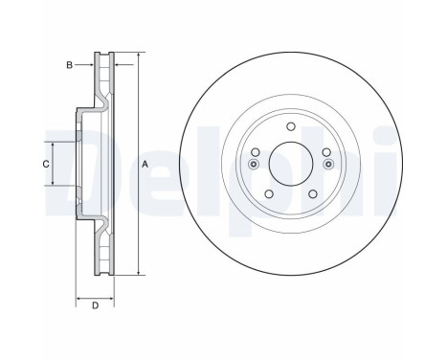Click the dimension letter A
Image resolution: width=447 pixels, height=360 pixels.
click(145, 164)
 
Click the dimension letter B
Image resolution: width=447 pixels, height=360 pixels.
click(68, 65)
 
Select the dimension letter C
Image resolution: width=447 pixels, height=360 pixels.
click(45, 164)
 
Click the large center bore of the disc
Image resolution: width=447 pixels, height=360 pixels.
click(290, 164)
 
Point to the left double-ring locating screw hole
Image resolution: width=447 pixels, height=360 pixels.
click(253, 164)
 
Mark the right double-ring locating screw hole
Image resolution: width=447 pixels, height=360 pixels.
click(328, 164)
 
